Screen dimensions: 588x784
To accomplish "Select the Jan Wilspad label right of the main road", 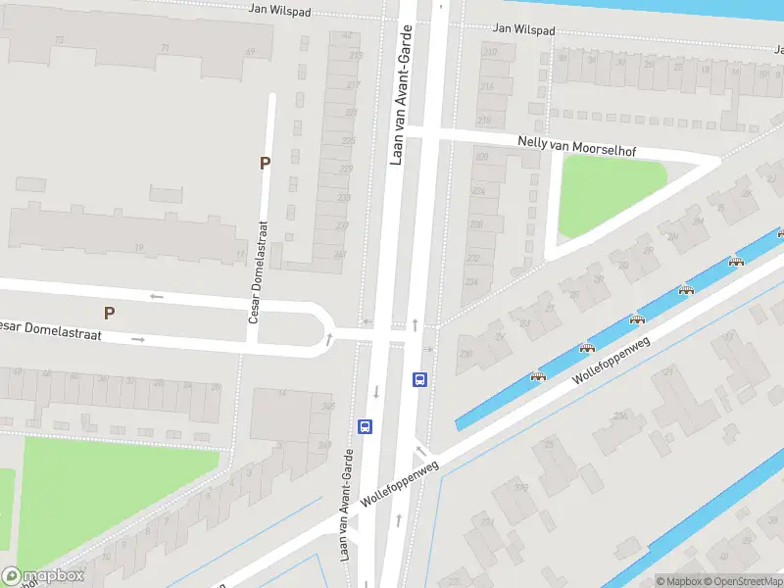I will [x=524, y=30].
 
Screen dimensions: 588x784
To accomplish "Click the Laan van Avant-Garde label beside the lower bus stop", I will [x=346, y=504].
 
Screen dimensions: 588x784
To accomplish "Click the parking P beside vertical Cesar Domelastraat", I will [x=264, y=164].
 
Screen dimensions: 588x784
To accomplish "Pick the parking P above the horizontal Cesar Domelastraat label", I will [x=109, y=313].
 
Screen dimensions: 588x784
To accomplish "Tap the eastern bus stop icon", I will [x=420, y=380].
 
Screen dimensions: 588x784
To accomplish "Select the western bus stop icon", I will [x=365, y=426].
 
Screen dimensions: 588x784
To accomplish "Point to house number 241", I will [x=340, y=255].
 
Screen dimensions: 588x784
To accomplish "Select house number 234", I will [x=471, y=282].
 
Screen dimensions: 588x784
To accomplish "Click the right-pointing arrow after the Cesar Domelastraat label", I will [x=138, y=339].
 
